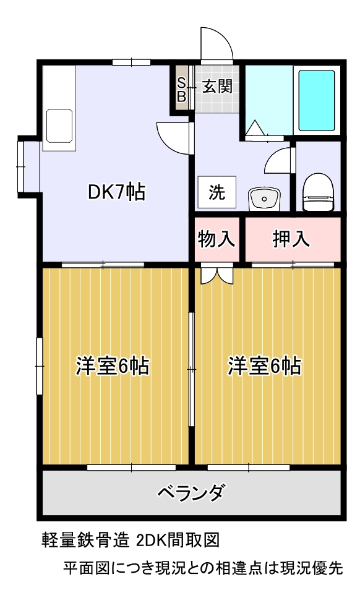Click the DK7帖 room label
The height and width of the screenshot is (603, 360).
tap(116, 192)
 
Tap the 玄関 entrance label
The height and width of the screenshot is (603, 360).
tap(217, 87)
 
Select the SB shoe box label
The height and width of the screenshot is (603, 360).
tap(181, 89)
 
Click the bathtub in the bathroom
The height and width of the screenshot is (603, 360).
tap(317, 101)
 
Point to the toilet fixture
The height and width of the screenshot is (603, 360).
tap(318, 192)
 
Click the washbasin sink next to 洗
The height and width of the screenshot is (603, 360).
tap(264, 199)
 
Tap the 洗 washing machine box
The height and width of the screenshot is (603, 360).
tap(217, 192)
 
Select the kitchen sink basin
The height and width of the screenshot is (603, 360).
tap(59, 126)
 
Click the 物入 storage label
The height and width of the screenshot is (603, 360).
tap(216, 239)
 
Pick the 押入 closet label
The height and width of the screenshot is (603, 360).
tap(291, 239)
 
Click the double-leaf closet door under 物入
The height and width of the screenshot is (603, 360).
tap(217, 275)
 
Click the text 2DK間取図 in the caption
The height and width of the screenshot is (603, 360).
tap(178, 541)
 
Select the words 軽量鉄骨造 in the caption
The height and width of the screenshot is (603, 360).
tap(85, 541)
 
